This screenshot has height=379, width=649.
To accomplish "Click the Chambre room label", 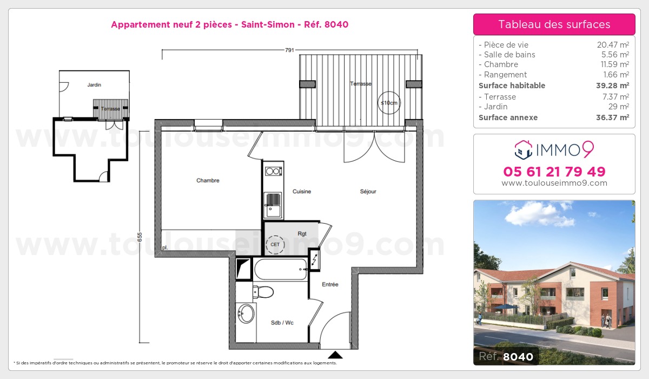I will [x=208, y=181].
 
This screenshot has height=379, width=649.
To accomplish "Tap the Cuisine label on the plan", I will [x=302, y=192].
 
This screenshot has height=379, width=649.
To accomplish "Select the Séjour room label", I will [x=368, y=192].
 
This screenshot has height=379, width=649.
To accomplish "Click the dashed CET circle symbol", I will [x=276, y=245].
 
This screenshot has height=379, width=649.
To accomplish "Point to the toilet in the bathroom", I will [x=263, y=292].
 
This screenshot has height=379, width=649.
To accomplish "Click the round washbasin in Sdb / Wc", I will [x=247, y=313].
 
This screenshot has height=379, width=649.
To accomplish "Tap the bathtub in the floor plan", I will [x=280, y=269].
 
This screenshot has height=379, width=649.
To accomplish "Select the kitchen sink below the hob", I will [x=273, y=205].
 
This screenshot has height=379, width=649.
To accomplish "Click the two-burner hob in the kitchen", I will [x=273, y=172].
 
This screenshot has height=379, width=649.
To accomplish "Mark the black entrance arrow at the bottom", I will [x=336, y=355].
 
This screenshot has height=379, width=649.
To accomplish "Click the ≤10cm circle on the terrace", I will [x=389, y=103].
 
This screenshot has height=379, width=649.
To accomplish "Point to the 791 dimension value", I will [x=289, y=50].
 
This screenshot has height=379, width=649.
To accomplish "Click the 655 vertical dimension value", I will [x=140, y=237].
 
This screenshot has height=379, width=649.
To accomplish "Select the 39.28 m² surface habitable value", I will [x=617, y=86].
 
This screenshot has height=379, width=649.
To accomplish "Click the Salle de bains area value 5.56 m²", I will [x=617, y=55].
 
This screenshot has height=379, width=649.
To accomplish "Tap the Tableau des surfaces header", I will [x=554, y=24].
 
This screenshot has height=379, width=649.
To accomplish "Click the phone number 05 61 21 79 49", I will [x=554, y=172].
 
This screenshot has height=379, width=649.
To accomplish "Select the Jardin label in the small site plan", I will [x=94, y=85].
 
